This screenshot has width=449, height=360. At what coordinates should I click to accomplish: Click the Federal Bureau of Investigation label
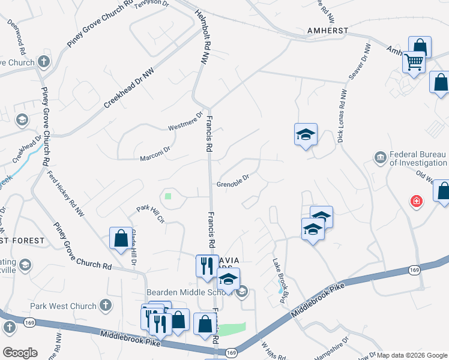click(x=419, y=158)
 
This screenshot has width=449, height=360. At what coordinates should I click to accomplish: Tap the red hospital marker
click(x=415, y=201)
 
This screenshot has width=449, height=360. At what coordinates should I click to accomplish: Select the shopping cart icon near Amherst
click(x=414, y=61)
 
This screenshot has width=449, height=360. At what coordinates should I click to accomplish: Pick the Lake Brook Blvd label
click(x=281, y=275)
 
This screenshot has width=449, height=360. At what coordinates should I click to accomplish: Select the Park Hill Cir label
click(x=150, y=214)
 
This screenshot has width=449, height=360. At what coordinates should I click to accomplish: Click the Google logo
click(x=19, y=352)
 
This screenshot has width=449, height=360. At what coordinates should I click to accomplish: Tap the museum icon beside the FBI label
click(x=380, y=158)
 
